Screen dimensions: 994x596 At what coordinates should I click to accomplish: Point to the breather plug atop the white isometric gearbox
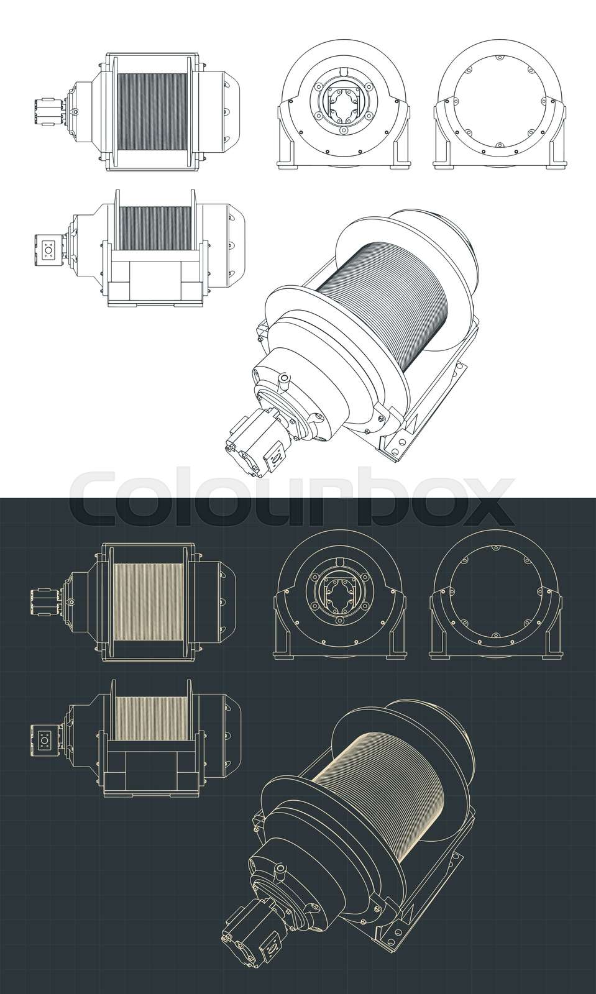coord(284,378)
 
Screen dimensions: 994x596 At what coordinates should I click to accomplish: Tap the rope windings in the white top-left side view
coord(152,111)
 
